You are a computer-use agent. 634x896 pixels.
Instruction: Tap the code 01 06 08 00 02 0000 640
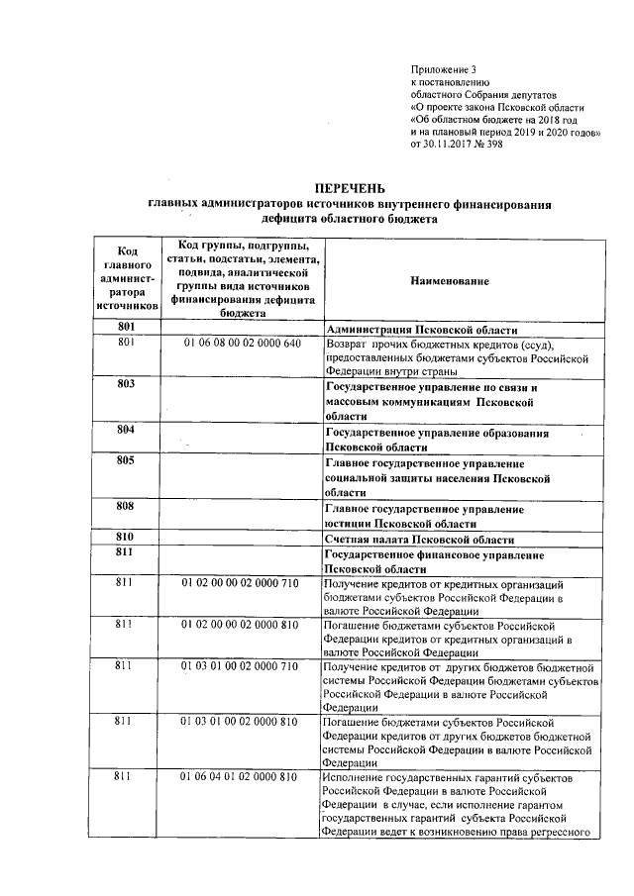[241, 343]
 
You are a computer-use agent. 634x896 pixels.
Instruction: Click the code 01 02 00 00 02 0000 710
[240, 584]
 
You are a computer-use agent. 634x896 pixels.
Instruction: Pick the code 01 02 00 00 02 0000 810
[240, 626]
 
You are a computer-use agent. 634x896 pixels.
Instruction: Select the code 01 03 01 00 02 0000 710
[240, 667]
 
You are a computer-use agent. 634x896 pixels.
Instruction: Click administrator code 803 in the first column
[125, 384]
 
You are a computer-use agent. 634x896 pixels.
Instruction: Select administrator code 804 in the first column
[125, 431]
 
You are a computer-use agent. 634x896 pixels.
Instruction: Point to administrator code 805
[125, 460]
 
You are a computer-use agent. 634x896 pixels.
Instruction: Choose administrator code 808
[125, 506]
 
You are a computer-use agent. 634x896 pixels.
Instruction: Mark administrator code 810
[125, 537]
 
